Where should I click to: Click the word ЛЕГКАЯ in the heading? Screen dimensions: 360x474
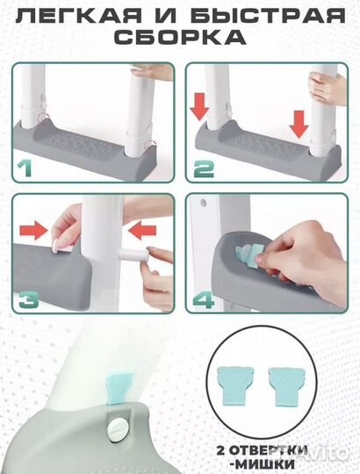pyautogui.click(x=78, y=16)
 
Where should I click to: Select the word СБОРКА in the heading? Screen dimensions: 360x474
pyautogui.click(x=181, y=37)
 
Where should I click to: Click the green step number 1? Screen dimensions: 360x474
pyautogui.click(x=25, y=168)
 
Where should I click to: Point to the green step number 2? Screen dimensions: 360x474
pyautogui.click(x=204, y=169)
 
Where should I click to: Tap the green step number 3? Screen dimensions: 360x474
pyautogui.click(x=28, y=299)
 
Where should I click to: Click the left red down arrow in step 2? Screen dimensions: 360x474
pyautogui.click(x=199, y=107)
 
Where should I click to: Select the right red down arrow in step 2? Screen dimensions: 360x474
pyautogui.click(x=299, y=125)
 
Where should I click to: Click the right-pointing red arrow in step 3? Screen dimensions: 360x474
pyautogui.click(x=34, y=230)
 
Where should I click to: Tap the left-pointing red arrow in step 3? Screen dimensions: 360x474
pyautogui.click(x=142, y=231)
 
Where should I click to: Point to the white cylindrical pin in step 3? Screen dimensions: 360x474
pyautogui.click(x=134, y=254)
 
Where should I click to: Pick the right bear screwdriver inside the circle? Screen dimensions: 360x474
pyautogui.click(x=286, y=386)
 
